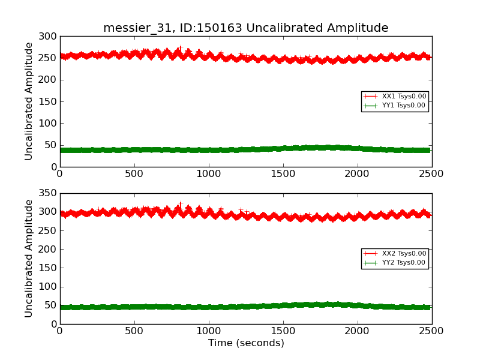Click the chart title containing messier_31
pyautogui.click(x=245, y=28)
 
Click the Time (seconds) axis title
pyautogui.click(x=246, y=343)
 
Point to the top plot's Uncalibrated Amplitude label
pyautogui.click(x=29, y=101)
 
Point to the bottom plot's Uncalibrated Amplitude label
pyautogui.click(x=29, y=258)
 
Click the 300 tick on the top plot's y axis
pyautogui.click(x=50, y=37)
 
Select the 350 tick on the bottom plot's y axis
pyautogui.click(x=50, y=193)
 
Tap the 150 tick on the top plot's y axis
pyautogui.click(x=50, y=101)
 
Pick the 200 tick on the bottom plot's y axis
pyautogui.click(x=50, y=249)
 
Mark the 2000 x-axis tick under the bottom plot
pyautogui.click(x=358, y=331)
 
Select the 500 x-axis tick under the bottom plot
pyautogui.click(x=134, y=331)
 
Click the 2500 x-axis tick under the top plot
pyautogui.click(x=432, y=174)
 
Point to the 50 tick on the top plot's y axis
pyautogui.click(x=52, y=145)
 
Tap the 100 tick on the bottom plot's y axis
pyautogui.click(x=50, y=287)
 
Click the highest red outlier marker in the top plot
pyautogui.click(x=181, y=47)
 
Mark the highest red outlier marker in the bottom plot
pyautogui.click(x=181, y=204)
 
